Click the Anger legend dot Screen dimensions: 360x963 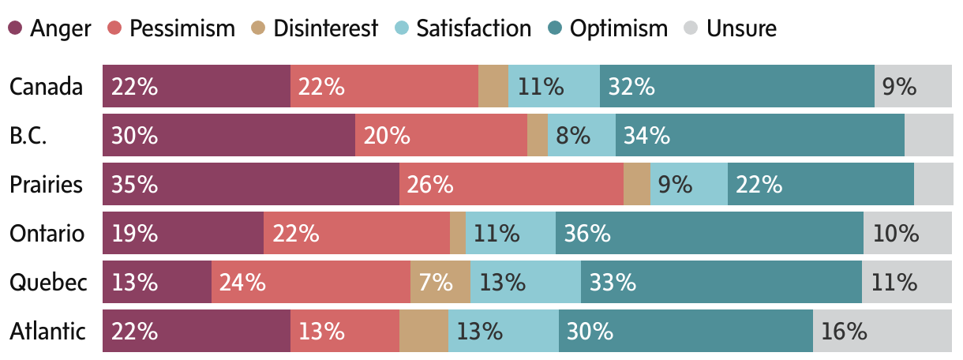pos(16,28)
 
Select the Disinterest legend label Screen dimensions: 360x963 pos(326,28)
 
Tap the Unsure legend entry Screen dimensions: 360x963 pos(741,28)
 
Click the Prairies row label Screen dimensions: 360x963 pos(46,185)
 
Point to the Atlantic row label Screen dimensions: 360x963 pos(47,332)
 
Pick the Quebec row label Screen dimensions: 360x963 pos(48,283)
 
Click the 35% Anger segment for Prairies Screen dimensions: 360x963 pos(250,185)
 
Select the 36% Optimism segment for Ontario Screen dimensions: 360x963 pos(709,234)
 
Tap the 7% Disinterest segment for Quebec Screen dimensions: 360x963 pos(440,283)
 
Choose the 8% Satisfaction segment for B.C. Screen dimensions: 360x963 pos(581,136)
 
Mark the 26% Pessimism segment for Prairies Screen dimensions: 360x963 pos(511,185)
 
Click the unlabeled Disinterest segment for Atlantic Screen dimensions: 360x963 pos(423,332)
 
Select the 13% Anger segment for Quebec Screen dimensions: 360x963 pos(156,283)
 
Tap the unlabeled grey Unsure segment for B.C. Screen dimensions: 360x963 pos(928,136)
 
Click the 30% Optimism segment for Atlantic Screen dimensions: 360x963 pos(685,332)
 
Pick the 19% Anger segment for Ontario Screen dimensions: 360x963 pos(182,234)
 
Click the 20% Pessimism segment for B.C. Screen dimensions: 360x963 pos(440,136)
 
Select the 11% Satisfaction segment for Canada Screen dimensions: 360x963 pos(553,87)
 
